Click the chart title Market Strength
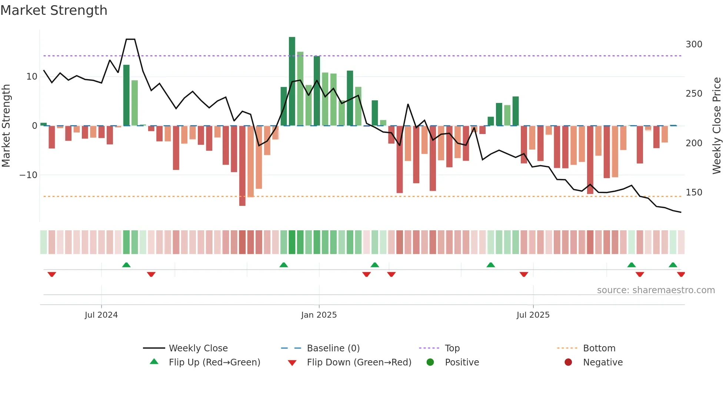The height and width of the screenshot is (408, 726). click(54, 10)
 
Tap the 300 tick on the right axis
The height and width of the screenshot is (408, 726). click(693, 44)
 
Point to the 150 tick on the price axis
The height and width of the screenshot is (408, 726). click(693, 193)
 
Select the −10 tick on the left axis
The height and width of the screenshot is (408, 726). click(29, 175)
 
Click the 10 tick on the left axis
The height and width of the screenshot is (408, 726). click(31, 77)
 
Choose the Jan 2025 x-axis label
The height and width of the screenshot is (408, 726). click(319, 315)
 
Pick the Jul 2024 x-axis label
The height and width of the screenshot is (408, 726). click(101, 315)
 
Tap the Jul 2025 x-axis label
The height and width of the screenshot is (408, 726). click(533, 315)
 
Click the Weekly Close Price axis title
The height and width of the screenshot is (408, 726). click(717, 126)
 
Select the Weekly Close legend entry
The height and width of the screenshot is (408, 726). click(198, 348)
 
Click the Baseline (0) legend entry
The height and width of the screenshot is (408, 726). click(333, 348)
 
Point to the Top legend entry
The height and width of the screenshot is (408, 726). click(452, 348)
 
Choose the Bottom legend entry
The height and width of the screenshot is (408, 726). click(599, 348)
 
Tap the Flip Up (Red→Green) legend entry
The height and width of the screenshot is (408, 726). click(214, 362)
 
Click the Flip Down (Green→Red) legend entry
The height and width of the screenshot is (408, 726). click(359, 362)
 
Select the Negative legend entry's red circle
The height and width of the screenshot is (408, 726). click(568, 362)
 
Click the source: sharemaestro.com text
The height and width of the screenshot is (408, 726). click(656, 290)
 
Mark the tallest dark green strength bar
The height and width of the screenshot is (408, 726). click(292, 81)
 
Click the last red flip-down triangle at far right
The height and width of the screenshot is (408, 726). click(681, 274)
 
